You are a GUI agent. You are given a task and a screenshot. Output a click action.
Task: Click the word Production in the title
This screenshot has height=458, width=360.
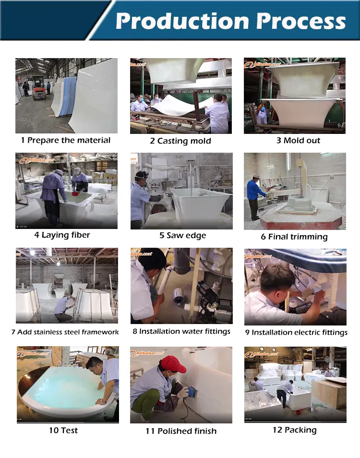point(182,21)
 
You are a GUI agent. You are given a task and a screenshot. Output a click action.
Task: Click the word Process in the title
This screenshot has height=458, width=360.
point(301,21)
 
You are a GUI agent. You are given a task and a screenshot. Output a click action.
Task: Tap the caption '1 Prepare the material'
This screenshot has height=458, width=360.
point(66,141)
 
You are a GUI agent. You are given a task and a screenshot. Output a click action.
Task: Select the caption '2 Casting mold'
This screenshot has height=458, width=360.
point(180,141)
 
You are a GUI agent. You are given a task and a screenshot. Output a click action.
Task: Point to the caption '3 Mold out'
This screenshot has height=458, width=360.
point(298,141)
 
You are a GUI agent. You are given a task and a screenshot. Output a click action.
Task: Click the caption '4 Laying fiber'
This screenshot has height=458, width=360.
point(62,235)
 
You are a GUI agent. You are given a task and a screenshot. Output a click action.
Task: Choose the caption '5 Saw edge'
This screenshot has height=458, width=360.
point(183,235)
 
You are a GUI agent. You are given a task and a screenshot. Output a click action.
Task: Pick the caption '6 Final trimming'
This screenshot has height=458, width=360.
point(294,237)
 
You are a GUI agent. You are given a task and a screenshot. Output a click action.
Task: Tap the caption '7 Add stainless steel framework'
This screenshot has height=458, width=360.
point(65,332)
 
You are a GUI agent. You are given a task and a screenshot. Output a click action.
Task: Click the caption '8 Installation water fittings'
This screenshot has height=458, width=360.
point(181,332)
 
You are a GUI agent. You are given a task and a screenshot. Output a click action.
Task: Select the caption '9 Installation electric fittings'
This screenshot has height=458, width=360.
point(296,332)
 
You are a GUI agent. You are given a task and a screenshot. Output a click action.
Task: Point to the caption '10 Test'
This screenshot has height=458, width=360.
point(63,430)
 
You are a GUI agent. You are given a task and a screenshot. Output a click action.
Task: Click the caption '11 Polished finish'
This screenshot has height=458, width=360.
point(181,431)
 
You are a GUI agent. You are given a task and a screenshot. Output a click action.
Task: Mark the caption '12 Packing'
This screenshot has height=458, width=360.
point(295,430)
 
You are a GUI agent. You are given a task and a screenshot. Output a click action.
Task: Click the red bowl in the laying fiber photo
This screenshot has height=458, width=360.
point(76,193)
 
